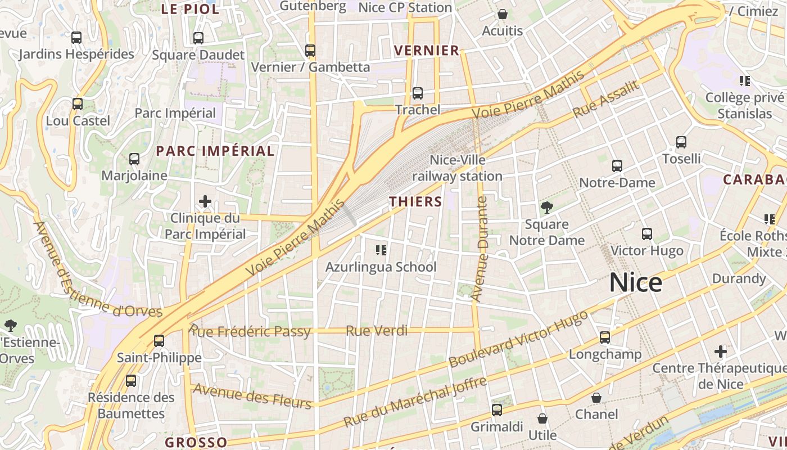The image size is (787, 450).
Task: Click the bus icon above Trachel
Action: coord(417,93)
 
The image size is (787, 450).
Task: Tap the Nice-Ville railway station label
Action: coord(458,168)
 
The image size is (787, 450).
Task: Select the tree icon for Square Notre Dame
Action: coord(546,208)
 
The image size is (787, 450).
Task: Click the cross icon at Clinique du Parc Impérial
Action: coord(205,201)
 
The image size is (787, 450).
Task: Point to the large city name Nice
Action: coord(636,282)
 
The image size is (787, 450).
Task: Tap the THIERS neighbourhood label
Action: coord(416,201)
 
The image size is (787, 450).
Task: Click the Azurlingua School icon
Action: coord(381,250)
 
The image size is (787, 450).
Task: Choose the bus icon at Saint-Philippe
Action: coord(159,341)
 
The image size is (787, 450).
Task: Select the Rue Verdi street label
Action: coord(377,331)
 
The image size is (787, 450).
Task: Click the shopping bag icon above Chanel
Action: coord(596,398)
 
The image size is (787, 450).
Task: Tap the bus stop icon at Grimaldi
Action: coord(496,410)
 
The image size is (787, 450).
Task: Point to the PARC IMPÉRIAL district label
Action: coord(215,151)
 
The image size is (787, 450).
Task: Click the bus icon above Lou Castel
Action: coord(78,104)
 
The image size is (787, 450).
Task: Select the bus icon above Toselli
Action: coord(681,142)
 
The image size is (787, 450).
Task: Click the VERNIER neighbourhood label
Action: coord(427,51)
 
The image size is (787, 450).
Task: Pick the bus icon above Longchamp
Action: coord(605,337)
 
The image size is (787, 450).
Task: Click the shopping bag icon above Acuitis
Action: coord(502,14)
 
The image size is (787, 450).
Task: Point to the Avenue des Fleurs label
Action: coord(252,396)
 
